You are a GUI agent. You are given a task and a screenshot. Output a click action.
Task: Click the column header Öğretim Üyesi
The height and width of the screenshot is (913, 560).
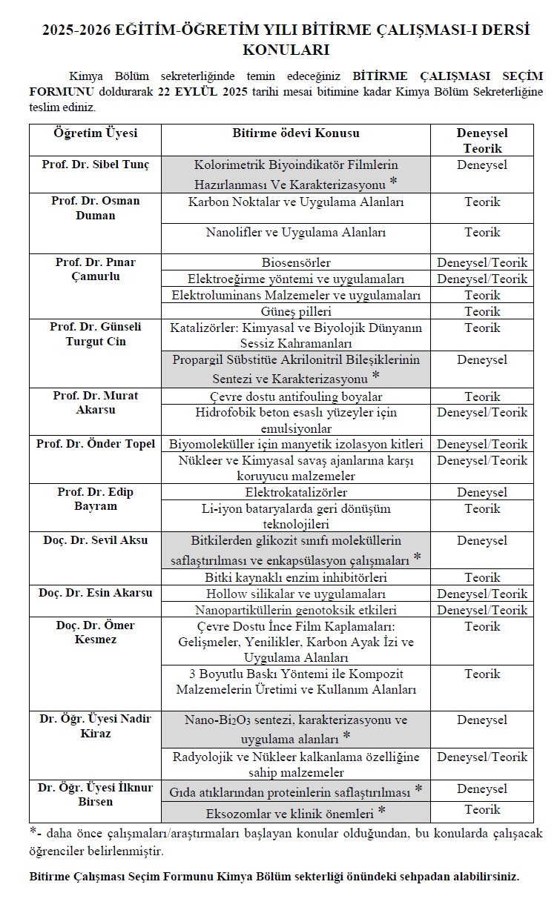(x=95, y=133)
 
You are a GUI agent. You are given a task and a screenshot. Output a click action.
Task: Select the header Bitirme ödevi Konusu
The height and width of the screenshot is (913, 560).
(x=296, y=133)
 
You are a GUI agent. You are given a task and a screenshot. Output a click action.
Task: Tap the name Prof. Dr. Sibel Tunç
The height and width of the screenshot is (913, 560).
(x=95, y=165)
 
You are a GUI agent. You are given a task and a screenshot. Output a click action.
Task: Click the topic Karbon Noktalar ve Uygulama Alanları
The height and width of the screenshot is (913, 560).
(x=296, y=202)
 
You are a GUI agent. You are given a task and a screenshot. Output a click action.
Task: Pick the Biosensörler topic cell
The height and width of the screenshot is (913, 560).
(x=296, y=263)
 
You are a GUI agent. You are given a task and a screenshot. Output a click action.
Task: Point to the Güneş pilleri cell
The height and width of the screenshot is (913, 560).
(x=296, y=311)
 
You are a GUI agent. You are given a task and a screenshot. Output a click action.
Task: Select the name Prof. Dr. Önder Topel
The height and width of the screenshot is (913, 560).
(x=96, y=444)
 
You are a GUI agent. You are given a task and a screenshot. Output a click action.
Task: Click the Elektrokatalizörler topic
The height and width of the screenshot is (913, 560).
(x=296, y=492)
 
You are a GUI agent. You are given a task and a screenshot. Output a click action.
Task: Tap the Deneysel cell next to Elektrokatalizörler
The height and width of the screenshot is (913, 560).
(x=482, y=492)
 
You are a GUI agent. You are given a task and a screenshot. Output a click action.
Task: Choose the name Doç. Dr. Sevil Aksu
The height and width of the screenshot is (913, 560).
(x=95, y=540)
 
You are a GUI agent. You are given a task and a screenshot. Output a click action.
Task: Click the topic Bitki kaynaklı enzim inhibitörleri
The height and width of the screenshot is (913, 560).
(x=296, y=577)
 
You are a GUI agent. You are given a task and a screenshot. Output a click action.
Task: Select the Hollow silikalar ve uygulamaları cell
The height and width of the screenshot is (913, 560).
(x=296, y=594)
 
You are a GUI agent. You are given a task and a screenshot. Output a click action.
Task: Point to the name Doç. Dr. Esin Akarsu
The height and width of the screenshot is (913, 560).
(x=95, y=593)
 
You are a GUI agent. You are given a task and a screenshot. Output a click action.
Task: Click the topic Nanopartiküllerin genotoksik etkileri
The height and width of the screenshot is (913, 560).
(x=296, y=611)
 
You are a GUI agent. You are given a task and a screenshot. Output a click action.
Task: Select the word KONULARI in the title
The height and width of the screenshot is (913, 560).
(x=286, y=50)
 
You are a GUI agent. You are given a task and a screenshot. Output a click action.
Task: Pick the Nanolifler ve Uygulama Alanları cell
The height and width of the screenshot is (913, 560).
(x=296, y=233)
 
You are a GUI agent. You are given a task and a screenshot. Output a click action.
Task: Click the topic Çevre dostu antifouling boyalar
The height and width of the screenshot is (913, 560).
(x=296, y=397)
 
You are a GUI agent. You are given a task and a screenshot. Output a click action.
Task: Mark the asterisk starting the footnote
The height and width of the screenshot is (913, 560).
(x=33, y=831)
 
